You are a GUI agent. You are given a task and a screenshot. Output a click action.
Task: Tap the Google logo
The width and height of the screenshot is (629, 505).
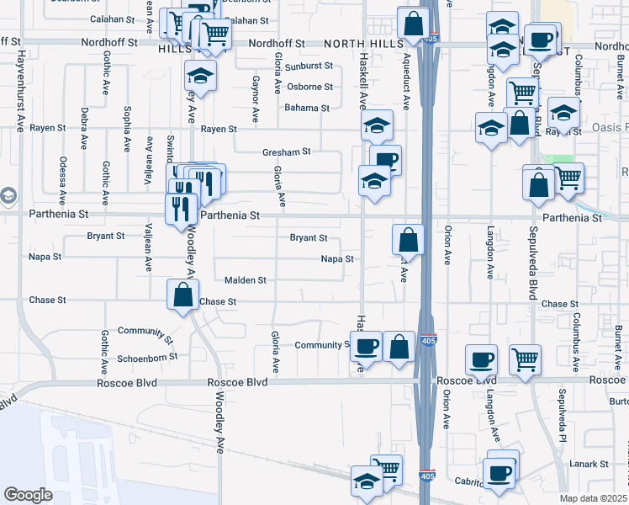coord(29,495)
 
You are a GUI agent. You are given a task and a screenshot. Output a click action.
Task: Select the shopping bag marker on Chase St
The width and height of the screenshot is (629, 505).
coord(182,296)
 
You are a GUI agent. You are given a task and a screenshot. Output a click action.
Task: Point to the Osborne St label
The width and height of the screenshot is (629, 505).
coord(309,87)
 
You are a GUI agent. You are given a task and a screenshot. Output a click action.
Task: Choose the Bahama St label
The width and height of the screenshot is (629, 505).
coord(306,108)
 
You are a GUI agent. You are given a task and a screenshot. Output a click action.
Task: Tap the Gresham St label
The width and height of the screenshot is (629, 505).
coord(287,151)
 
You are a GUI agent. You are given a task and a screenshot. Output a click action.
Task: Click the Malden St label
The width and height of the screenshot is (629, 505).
coord(246,279)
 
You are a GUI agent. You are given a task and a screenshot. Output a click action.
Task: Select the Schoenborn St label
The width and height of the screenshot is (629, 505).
coord(148,356)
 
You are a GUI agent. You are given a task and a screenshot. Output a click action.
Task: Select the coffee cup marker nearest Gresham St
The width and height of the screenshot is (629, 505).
coord(385,159)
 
